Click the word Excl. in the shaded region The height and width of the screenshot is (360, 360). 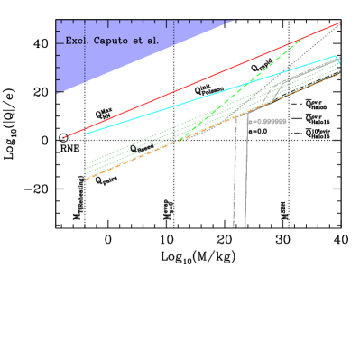tap(77, 41)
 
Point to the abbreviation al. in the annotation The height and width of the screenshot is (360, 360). tap(152, 41)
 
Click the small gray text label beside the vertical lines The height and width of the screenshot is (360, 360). tap(270, 121)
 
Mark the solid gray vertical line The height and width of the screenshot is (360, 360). tap(246, 180)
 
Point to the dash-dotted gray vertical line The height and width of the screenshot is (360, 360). tap(235, 180)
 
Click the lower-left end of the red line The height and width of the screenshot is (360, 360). tap(66, 136)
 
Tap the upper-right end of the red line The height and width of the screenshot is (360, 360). tap(339, 23)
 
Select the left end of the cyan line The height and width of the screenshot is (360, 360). tap(86, 134)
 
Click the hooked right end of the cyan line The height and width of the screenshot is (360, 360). tap(337, 60)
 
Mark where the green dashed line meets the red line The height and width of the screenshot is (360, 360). tap(300, 40)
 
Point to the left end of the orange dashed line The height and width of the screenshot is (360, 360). tap(87, 179)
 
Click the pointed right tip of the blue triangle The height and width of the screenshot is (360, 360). tap(234, 21)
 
